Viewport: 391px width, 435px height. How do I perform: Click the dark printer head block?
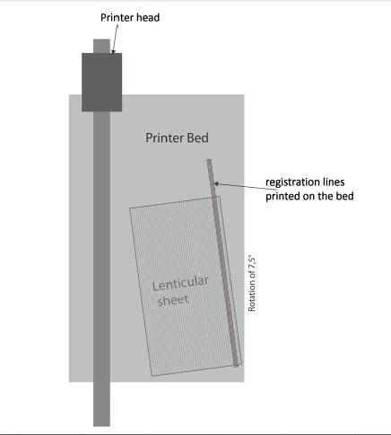(x=101, y=82)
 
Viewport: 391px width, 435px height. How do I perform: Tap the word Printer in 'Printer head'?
(x=116, y=17)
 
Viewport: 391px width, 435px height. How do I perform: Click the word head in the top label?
(x=146, y=17)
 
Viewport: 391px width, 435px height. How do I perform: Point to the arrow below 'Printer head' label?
(x=115, y=39)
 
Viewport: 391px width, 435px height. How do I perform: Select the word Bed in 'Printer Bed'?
(x=197, y=138)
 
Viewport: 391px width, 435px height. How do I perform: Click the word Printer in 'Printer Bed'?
(x=165, y=138)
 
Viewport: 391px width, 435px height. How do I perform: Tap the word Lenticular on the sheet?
(x=180, y=283)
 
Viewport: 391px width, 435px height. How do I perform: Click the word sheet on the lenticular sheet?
(x=173, y=300)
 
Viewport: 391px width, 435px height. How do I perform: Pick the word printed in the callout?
(x=282, y=197)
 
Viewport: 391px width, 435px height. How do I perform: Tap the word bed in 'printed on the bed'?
(x=346, y=196)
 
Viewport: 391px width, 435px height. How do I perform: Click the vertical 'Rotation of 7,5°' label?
(x=252, y=284)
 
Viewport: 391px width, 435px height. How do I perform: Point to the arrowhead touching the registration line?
(x=216, y=183)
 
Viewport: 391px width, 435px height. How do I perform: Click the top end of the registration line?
(x=209, y=160)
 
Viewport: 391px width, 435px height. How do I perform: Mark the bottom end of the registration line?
(x=236, y=366)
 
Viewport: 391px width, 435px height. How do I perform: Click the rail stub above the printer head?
(x=101, y=46)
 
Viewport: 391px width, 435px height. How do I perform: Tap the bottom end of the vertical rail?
(x=101, y=426)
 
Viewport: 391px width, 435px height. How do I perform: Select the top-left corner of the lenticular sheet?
(x=129, y=209)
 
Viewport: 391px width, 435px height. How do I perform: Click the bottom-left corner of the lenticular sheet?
(x=152, y=377)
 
